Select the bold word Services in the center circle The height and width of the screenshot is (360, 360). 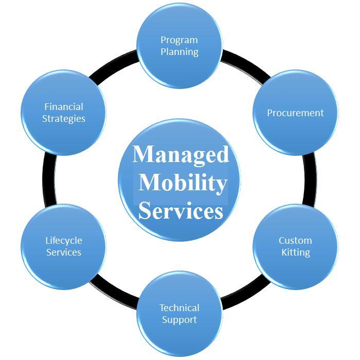(181, 210)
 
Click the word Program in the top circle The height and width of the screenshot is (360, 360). (179, 41)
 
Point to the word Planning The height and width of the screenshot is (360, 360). (179, 52)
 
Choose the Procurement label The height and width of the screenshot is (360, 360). (295, 113)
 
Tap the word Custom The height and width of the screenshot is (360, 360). (295, 240)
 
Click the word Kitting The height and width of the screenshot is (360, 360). (296, 253)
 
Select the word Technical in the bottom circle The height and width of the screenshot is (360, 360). (179, 308)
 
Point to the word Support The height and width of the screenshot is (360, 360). (179, 320)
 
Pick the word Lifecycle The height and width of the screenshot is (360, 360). (64, 241)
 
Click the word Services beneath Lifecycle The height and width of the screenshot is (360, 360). (64, 252)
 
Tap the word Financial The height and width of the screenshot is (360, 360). (64, 107)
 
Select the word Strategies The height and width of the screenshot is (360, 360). (64, 119)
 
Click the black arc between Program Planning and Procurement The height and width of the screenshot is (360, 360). (245, 64)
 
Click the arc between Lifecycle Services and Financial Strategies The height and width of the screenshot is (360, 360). (49, 179)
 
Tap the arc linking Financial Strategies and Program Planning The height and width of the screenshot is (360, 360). (114, 65)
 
